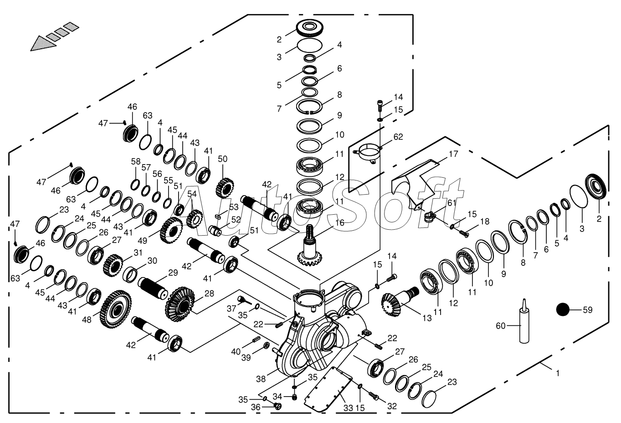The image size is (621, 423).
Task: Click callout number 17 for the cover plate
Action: pos(453,154)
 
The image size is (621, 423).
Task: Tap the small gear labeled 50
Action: pos(224,187)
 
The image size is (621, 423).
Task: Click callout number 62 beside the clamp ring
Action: pos(398,137)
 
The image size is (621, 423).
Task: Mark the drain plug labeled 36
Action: pos(277,405)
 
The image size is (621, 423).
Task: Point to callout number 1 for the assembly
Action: pos(557,373)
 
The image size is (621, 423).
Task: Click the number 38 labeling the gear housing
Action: pos(261,378)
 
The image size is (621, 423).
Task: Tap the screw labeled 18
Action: pos(464,234)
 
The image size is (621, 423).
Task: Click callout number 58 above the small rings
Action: pos(136,161)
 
